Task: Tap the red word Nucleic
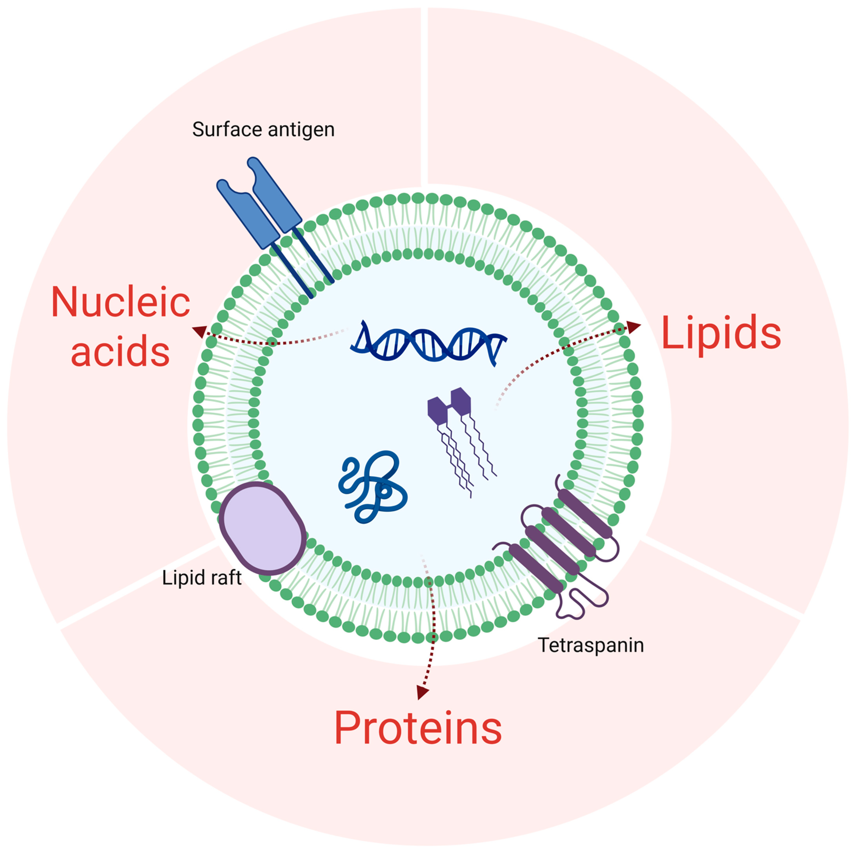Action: coord(121,302)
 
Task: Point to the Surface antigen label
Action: coord(263,129)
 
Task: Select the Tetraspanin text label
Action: coord(591,645)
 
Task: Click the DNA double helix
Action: coord(428,342)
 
